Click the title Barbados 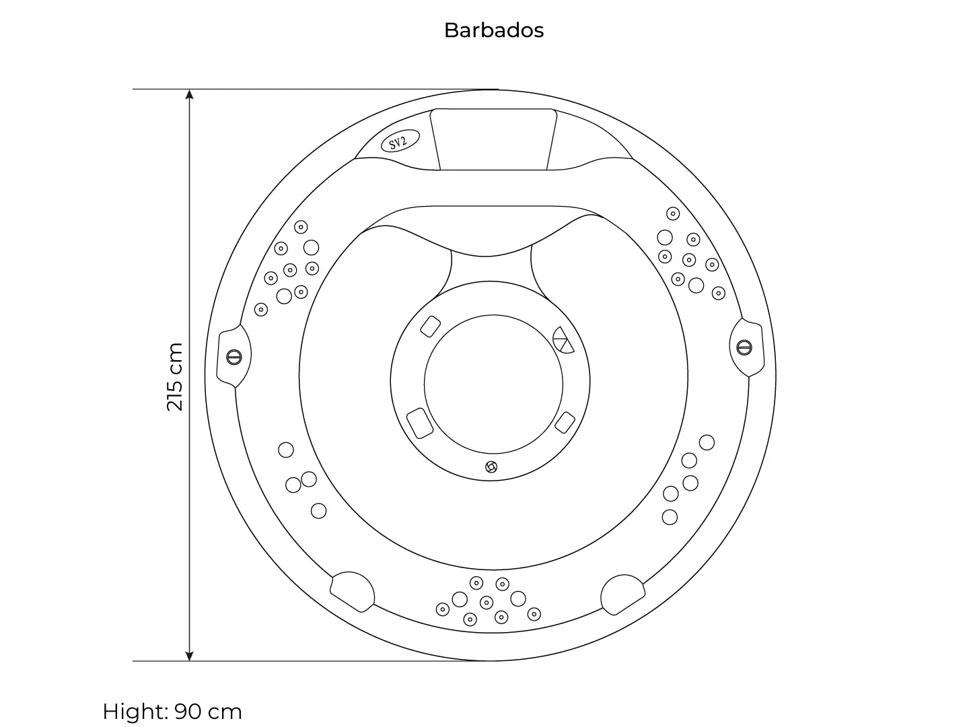click(x=493, y=30)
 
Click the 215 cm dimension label click(x=174, y=376)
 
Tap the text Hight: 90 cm click(x=172, y=712)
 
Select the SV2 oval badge click(x=400, y=141)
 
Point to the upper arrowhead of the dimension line click(x=189, y=94)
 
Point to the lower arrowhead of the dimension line click(x=189, y=656)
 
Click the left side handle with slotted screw click(x=234, y=357)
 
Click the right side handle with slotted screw click(x=746, y=347)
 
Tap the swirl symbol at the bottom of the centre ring click(x=491, y=466)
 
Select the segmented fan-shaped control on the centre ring click(x=563, y=341)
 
